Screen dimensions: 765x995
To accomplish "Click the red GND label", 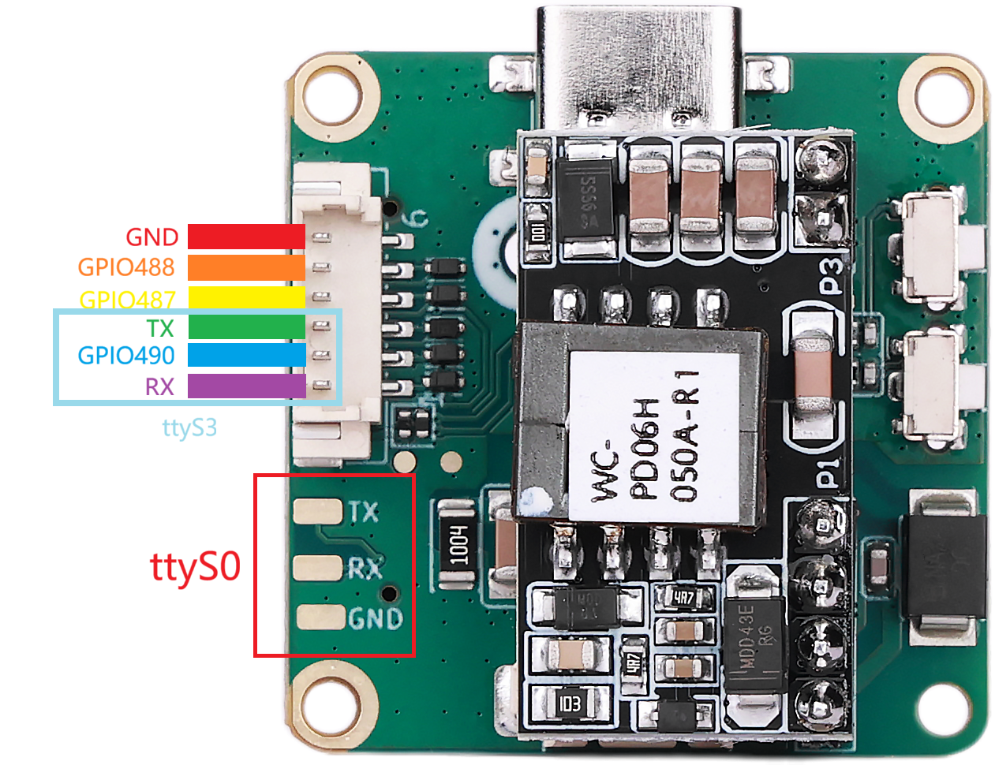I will tap(151, 237).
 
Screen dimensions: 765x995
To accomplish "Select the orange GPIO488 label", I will tap(126, 267).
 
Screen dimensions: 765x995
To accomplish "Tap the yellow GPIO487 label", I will tap(127, 299).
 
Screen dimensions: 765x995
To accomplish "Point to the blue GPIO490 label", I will tap(126, 355).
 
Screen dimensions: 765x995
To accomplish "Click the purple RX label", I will tap(159, 386).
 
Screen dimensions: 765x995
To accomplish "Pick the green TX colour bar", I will tap(246, 327).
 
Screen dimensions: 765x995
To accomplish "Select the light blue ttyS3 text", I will tap(189, 427).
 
